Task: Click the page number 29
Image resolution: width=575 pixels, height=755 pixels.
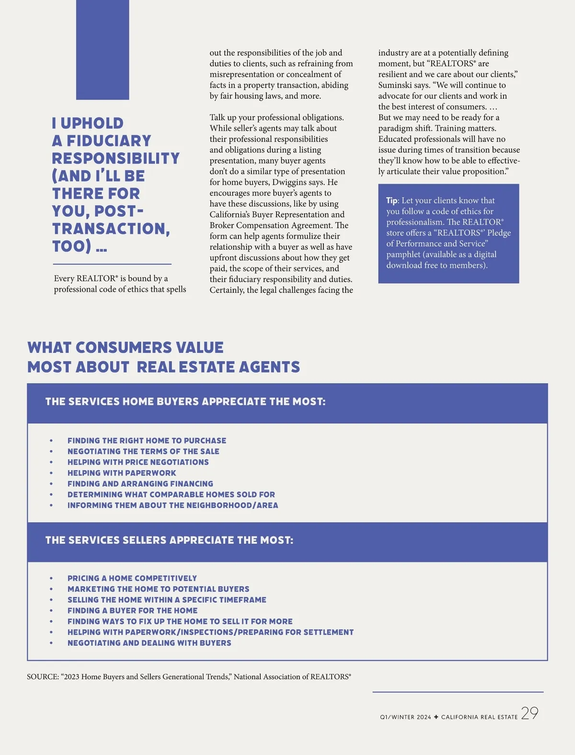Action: (529, 713)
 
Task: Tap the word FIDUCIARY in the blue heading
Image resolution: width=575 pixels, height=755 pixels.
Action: (109, 141)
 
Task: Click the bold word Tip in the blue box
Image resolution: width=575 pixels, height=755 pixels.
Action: (391, 201)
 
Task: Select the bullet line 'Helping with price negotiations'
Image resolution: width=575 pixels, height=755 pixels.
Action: (138, 462)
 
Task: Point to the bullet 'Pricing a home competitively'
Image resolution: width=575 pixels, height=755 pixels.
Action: (132, 578)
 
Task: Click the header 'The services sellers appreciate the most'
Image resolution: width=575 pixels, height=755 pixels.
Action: (169, 540)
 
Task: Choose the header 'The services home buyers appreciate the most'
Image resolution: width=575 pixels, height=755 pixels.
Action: (185, 402)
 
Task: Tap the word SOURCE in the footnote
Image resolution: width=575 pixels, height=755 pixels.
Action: (42, 677)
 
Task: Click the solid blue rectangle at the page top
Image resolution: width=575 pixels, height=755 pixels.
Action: (103, 50)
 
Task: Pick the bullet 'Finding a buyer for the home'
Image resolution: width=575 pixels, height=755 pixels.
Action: (132, 611)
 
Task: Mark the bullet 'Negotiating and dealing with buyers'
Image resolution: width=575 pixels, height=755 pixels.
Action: (149, 643)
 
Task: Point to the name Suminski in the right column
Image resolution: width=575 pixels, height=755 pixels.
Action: (395, 85)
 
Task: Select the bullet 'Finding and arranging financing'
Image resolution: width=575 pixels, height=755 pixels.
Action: (140, 484)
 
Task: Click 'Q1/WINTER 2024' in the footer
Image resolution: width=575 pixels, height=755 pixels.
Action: (405, 717)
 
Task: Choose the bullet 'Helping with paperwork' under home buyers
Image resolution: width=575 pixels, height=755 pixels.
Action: (122, 473)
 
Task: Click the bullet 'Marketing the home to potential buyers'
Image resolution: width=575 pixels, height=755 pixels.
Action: (158, 589)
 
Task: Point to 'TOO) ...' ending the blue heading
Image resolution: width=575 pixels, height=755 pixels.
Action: (80, 246)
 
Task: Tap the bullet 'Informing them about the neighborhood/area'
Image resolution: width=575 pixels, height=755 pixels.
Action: (172, 505)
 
